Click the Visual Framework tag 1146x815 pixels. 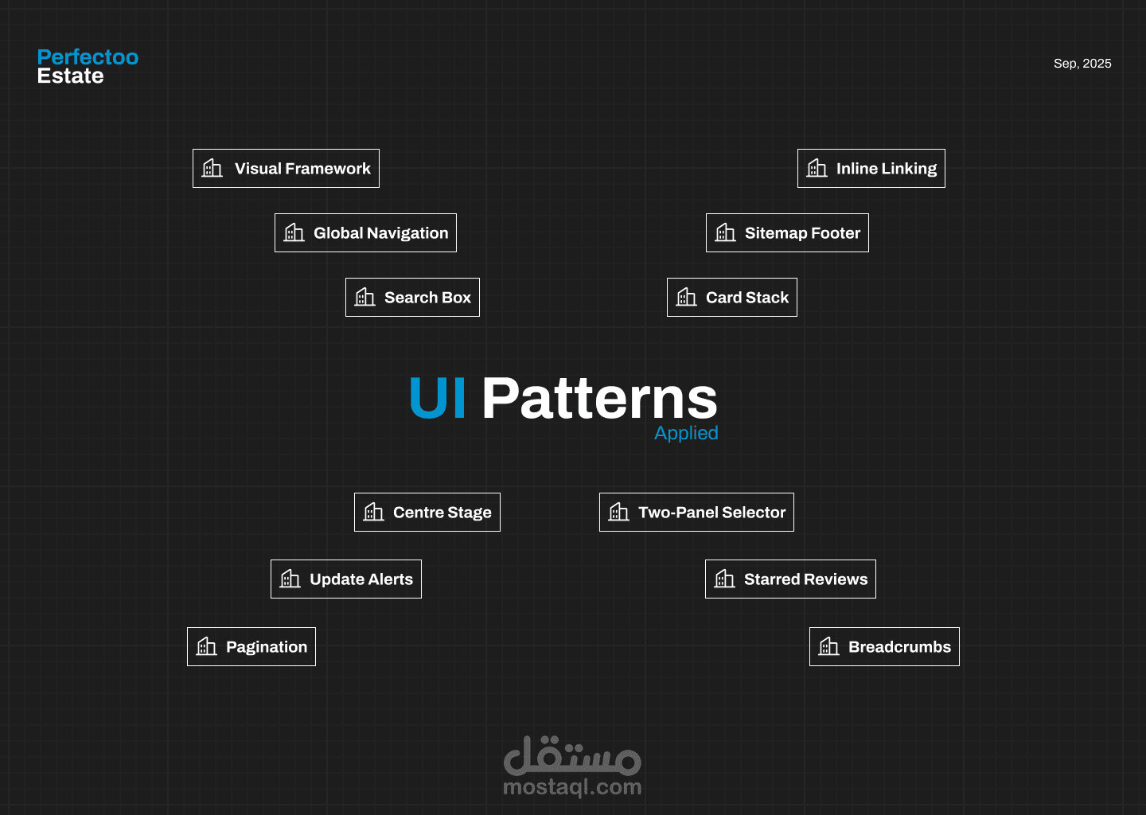pos(286,169)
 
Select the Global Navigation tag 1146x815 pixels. pos(365,233)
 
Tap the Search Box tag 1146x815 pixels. pos(412,298)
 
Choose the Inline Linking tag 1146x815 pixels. pos(871,169)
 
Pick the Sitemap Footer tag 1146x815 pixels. pos(787,233)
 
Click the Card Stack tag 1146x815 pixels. pos(732,298)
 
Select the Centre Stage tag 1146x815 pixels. pos(427,513)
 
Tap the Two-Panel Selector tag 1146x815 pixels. pos(696,513)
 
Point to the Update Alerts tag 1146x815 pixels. pos(346,579)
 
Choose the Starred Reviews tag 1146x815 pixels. pos(790,579)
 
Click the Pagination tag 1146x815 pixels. pos(251,647)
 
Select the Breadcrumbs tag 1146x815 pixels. pos(884,647)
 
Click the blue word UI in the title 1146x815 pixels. pos(437,398)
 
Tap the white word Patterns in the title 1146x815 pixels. pos(599,398)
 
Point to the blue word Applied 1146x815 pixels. pos(686,433)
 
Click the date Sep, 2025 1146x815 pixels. pos(1082,64)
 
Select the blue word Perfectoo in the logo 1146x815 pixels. pos(88,57)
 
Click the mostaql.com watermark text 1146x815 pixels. pos(572,787)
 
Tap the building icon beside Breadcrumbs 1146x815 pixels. pos(829,646)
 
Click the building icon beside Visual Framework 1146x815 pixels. pos(212,168)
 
